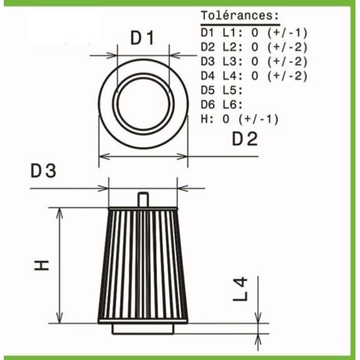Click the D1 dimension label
[x=142, y=38]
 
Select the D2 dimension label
[x=245, y=139]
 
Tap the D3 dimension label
[x=43, y=171]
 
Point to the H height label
[x=41, y=265]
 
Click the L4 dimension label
[x=240, y=289]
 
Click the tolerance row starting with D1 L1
[x=254, y=33]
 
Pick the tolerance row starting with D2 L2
[x=254, y=47]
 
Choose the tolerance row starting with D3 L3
[x=254, y=61]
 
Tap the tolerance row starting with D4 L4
[x=254, y=76]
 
